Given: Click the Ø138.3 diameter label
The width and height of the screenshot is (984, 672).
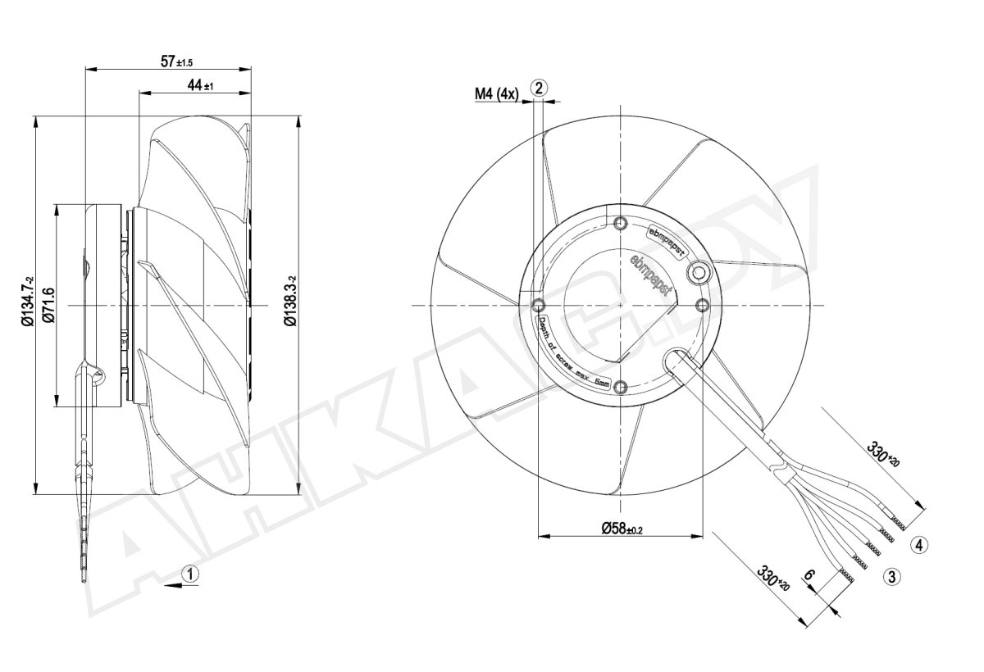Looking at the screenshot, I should (289, 304).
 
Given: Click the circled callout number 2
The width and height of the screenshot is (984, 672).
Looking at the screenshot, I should (539, 89).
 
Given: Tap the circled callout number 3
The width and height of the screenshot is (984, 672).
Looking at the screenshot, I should (892, 575).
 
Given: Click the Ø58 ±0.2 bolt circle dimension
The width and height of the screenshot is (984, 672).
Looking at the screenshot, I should (621, 529).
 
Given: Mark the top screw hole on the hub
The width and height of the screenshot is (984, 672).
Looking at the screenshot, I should (620, 223).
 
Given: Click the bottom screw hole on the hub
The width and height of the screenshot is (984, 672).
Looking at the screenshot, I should (620, 386).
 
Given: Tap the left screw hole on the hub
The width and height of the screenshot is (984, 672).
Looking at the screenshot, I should (539, 305).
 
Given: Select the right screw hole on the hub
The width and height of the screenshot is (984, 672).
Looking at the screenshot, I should (701, 305).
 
